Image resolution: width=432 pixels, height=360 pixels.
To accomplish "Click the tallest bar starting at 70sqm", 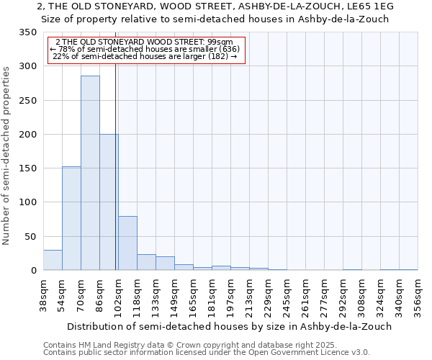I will click(90, 173).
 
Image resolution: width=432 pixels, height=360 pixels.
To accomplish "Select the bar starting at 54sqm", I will click(71, 218).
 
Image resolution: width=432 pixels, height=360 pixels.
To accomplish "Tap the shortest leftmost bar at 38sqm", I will click(53, 260).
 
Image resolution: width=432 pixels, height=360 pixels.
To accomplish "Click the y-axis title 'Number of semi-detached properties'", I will click(7, 155).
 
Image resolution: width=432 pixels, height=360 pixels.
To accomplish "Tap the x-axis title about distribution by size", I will click(228, 326).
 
